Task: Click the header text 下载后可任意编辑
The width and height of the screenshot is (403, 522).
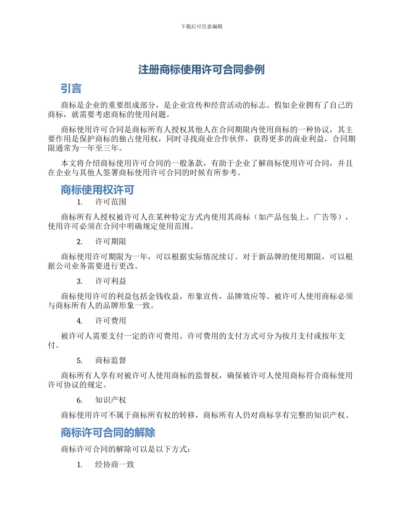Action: point(201,26)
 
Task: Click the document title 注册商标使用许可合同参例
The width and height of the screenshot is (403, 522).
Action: point(201,70)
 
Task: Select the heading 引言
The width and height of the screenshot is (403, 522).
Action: point(71,89)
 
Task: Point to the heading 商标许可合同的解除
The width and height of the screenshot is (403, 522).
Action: point(108,432)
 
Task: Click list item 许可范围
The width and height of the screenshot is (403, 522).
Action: point(110,202)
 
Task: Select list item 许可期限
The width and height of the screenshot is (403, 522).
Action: point(110,241)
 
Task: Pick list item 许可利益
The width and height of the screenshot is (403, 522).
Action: point(110,281)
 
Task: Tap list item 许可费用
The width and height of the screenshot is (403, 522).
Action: point(110,321)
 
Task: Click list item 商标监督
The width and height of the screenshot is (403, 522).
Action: point(110,360)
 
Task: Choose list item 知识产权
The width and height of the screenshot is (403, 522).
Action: point(110,400)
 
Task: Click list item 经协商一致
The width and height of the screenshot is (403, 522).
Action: point(115,465)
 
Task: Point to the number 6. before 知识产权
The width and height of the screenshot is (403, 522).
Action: point(79,400)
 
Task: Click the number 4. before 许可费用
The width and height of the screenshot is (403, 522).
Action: point(79,321)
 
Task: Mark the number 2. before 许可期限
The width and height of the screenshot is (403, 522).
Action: point(79,241)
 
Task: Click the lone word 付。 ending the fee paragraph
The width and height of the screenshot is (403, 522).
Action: point(53,345)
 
